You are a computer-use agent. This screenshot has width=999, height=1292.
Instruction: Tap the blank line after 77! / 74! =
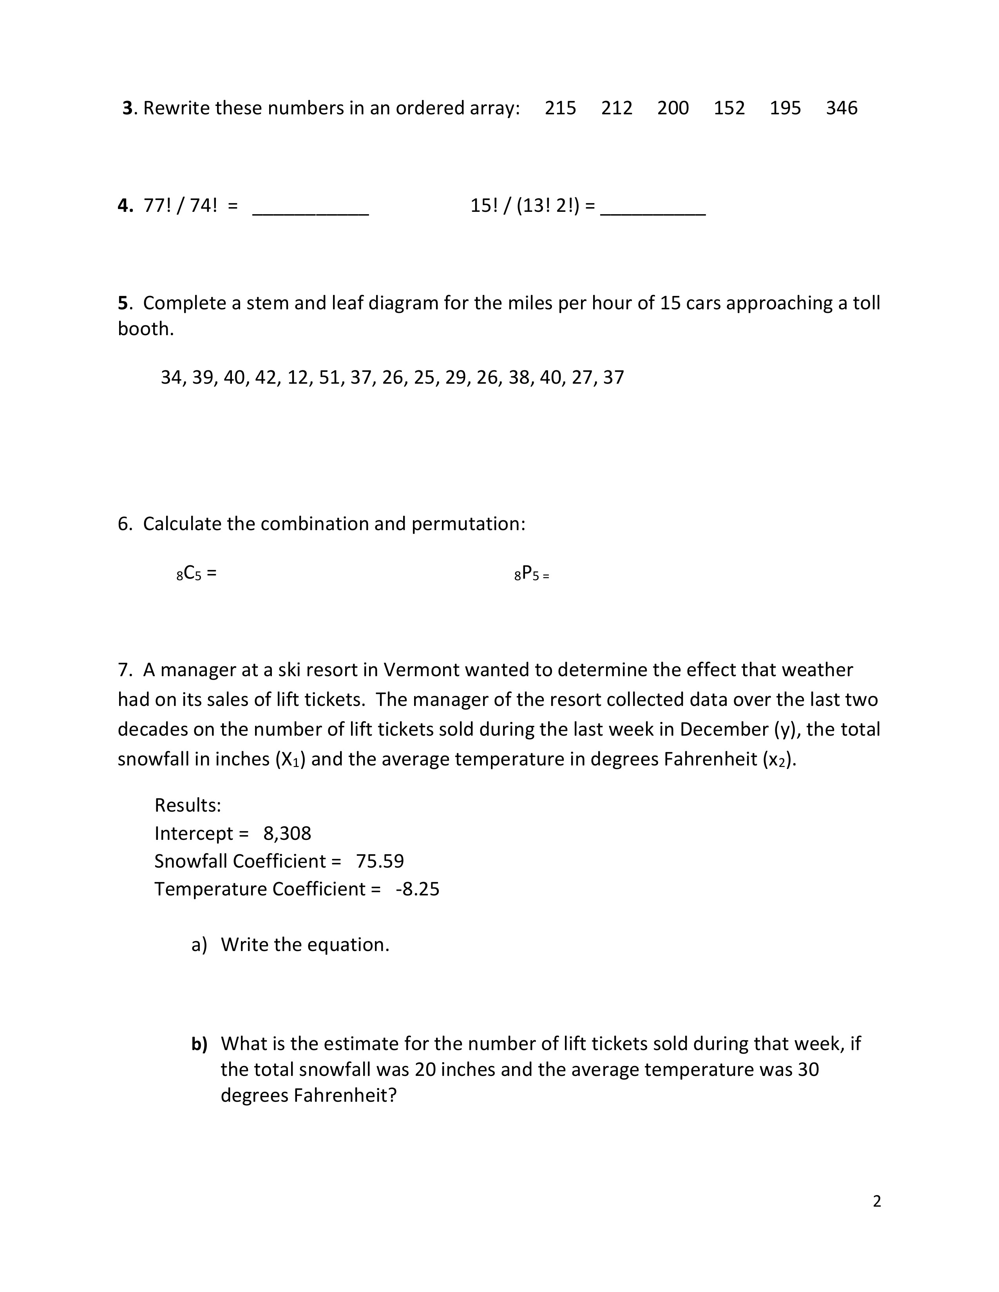(310, 212)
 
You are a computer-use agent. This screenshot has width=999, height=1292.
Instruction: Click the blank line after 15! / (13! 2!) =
(652, 212)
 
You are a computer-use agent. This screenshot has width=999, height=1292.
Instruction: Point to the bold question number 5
(123, 303)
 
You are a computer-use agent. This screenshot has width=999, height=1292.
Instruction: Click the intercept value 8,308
(287, 834)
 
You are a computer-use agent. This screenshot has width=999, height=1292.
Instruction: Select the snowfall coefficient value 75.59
(380, 861)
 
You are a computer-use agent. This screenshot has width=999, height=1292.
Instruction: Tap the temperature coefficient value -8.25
(418, 889)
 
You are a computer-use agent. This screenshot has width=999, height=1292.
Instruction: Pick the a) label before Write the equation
(199, 945)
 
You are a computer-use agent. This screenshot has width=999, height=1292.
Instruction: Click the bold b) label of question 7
(199, 1044)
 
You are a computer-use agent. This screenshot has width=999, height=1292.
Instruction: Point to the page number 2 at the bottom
(876, 1202)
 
